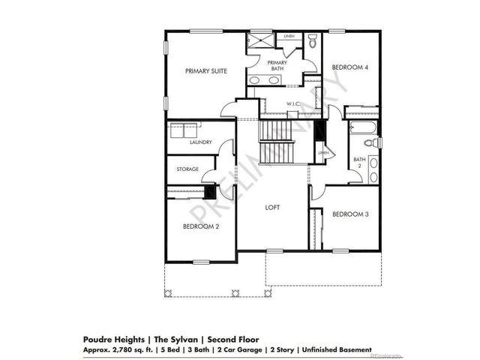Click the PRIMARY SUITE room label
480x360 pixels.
click(206, 70)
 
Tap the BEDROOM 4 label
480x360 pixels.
click(350, 67)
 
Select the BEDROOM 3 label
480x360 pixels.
click(350, 214)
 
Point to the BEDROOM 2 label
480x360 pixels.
click(201, 226)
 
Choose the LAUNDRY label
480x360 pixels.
click(200, 142)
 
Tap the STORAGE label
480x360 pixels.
click(187, 169)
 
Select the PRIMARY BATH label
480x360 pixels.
click(277, 65)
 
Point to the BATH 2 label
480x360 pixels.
click(360, 162)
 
